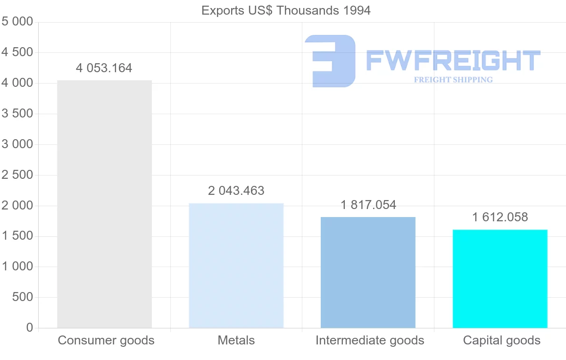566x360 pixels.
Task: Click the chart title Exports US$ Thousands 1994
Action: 286,10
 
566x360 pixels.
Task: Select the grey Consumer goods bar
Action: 104,204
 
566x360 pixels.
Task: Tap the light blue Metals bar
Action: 236,265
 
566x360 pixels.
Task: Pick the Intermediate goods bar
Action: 368,272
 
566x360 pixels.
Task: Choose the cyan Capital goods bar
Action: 500,278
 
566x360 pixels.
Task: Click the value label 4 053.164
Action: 104,68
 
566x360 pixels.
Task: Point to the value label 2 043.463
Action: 236,191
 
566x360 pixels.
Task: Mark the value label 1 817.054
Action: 368,205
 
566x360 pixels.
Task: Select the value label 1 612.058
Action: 500,217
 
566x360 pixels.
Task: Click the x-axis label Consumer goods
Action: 106,340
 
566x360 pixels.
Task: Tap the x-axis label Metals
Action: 236,340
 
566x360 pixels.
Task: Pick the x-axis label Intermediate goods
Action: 370,340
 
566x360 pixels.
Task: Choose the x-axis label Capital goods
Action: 502,340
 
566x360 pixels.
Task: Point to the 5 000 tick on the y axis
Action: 17,22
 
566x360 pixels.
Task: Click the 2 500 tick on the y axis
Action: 17,175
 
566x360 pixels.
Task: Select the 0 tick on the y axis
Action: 30,328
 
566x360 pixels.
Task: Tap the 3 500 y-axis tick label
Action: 17,114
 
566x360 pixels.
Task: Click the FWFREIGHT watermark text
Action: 453,61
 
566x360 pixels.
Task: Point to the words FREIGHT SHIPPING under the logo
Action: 453,80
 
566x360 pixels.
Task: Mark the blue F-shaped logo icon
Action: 330,61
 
